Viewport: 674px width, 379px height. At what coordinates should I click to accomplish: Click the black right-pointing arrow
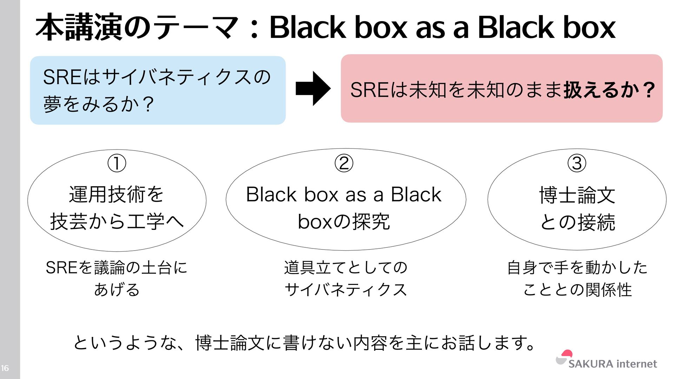[313, 88]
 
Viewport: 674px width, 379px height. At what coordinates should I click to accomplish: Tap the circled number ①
[117, 163]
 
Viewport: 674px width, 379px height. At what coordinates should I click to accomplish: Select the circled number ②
[344, 163]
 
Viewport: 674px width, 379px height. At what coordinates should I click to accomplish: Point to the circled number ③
[577, 163]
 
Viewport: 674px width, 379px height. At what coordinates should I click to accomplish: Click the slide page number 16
[5, 368]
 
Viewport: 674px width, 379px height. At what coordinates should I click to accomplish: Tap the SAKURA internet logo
[607, 361]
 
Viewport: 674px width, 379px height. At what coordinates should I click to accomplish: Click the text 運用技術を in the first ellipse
[117, 194]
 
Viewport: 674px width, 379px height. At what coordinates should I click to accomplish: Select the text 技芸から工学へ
[117, 221]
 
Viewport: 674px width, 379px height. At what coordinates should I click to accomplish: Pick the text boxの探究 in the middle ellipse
[344, 221]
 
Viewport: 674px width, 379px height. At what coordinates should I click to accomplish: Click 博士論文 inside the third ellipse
[577, 195]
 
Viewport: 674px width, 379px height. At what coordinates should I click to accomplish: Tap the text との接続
[577, 222]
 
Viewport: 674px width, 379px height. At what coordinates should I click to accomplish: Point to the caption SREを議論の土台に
[117, 267]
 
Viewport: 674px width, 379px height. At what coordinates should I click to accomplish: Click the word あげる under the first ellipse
[117, 290]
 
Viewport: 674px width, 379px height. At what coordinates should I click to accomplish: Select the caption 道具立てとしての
[345, 267]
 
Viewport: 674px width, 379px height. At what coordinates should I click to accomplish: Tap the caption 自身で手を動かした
[577, 267]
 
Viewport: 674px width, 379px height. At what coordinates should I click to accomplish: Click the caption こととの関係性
[577, 290]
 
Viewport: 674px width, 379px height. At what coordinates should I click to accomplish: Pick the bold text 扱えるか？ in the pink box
[609, 90]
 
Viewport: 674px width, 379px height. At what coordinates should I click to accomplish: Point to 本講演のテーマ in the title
[137, 27]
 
